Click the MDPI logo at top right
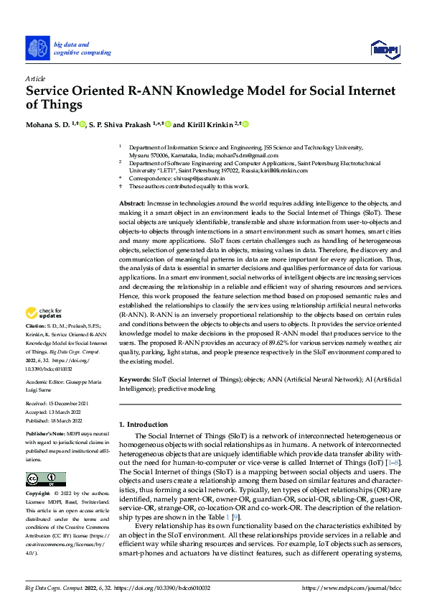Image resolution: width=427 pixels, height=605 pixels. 383,48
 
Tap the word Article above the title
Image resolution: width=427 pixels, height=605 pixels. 34,78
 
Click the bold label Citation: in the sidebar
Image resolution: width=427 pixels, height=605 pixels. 38,327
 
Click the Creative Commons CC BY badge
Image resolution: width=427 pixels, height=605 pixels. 45,479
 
